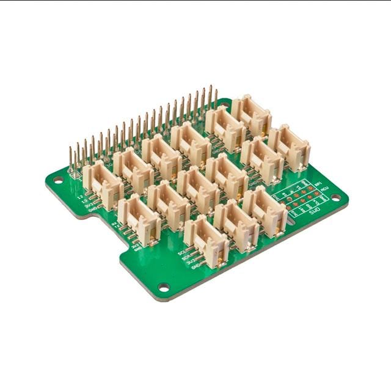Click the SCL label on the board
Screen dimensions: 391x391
point(181,252)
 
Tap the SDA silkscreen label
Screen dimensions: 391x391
point(185,257)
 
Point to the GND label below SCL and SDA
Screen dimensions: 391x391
point(195,267)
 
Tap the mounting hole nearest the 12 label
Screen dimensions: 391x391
point(57,180)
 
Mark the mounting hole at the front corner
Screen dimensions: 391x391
point(164,287)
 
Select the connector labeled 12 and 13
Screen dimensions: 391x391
point(103,185)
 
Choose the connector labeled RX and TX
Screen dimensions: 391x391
point(139,219)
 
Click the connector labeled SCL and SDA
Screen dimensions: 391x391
point(206,241)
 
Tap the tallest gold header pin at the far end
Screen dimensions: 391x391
point(215,98)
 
